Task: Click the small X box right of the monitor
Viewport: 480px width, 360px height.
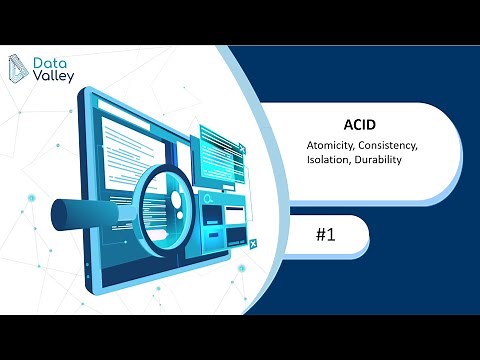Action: click(254, 242)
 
